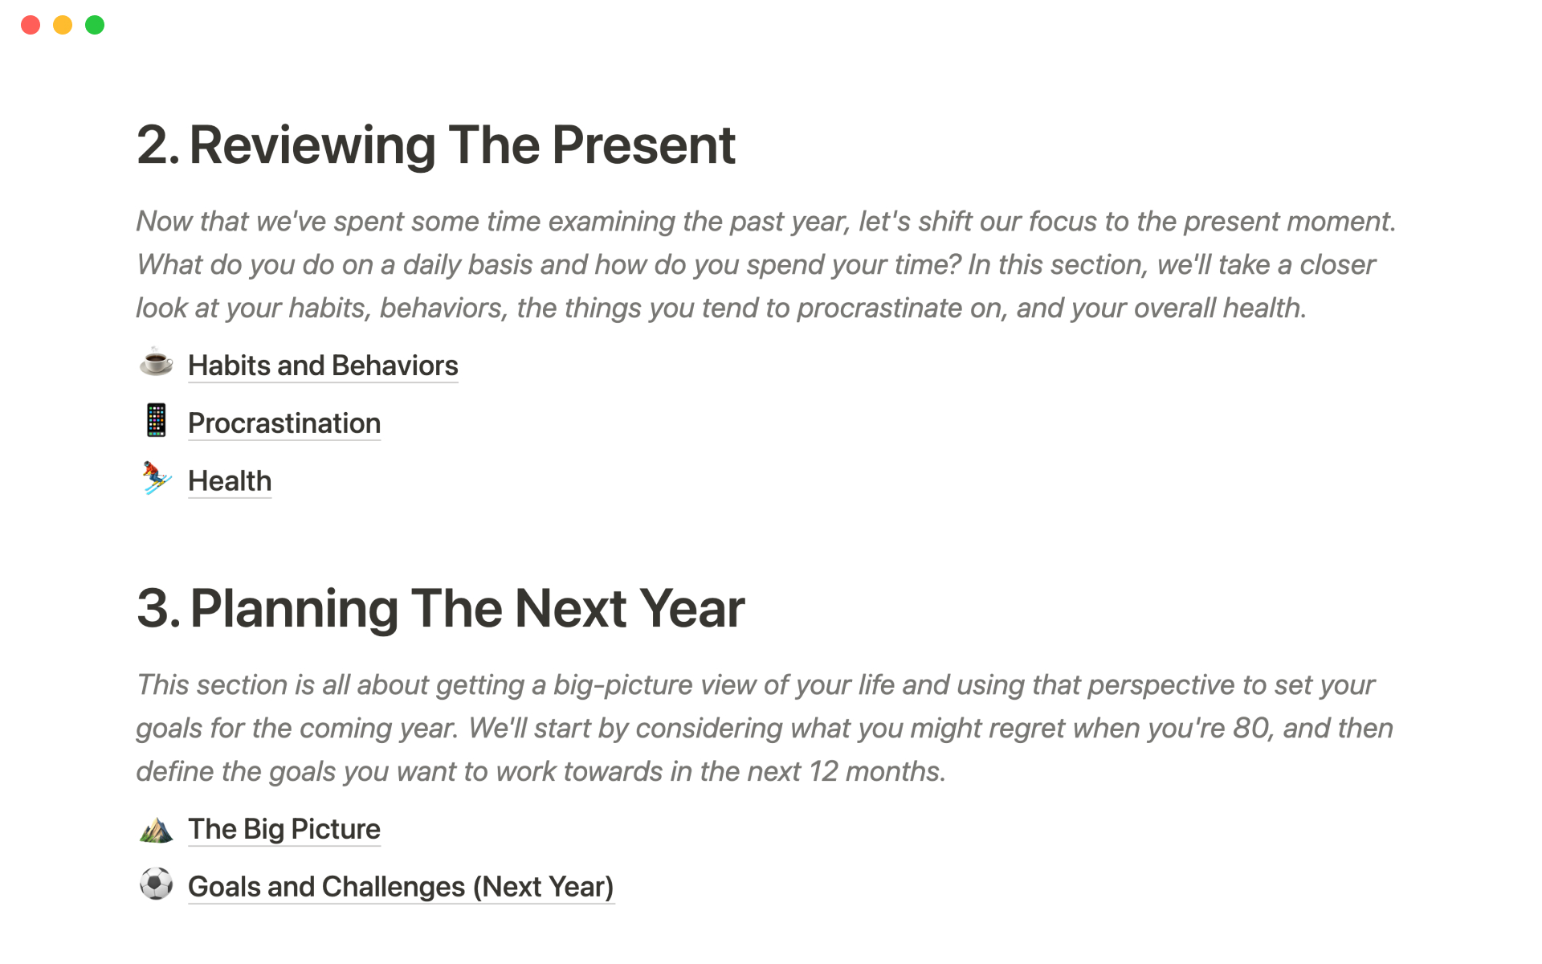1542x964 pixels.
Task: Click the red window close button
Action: click(31, 25)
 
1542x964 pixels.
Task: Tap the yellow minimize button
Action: click(63, 25)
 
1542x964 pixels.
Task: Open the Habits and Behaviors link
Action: click(323, 366)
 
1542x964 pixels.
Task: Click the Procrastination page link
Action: click(284, 423)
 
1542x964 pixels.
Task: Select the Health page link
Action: click(230, 481)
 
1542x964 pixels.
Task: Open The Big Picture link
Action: click(284, 829)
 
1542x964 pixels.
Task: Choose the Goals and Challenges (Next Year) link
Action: click(401, 887)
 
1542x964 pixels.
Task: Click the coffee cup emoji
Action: click(156, 362)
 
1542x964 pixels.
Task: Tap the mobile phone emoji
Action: click(156, 420)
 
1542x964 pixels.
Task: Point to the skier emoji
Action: click(156, 478)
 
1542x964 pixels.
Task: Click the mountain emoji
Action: click(156, 830)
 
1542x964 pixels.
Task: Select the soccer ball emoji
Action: click(156, 884)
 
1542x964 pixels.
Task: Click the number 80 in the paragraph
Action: click(1250, 728)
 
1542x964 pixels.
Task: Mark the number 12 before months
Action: click(823, 771)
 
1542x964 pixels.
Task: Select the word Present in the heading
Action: click(643, 145)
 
